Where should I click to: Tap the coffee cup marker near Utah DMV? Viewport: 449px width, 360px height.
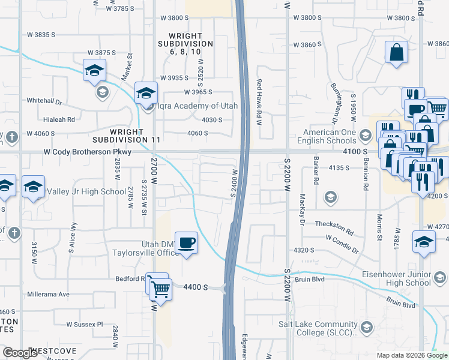click(x=187, y=243)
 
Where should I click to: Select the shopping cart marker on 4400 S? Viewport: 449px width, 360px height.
click(x=160, y=289)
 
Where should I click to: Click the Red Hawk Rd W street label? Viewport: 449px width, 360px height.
click(x=259, y=101)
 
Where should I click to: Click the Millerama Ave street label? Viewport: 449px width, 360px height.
click(x=49, y=294)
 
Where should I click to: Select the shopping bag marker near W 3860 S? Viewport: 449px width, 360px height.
click(x=397, y=52)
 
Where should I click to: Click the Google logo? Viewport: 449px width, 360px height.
click(x=20, y=353)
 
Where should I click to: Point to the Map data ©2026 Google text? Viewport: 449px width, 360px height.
click(x=412, y=355)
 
